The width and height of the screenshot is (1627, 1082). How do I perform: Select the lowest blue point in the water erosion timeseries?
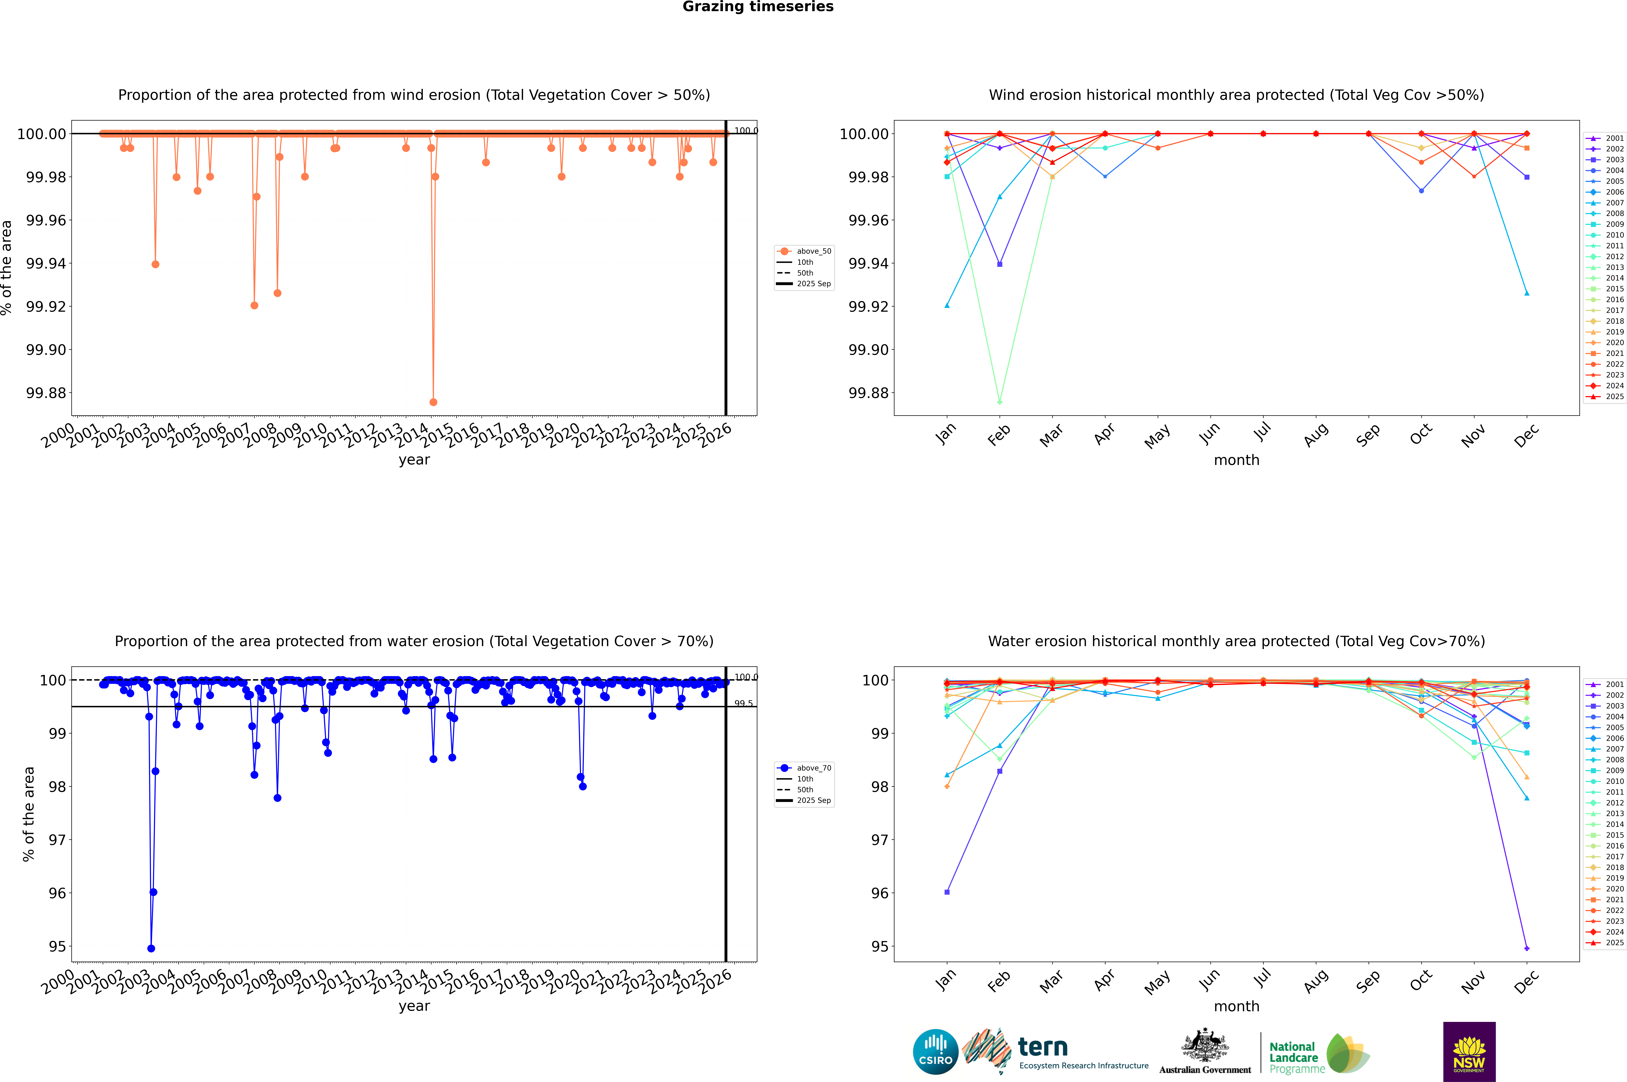point(151,948)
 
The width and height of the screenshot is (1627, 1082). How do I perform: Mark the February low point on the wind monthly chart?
point(999,402)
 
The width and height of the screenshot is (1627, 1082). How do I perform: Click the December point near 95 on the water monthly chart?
point(1526,948)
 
